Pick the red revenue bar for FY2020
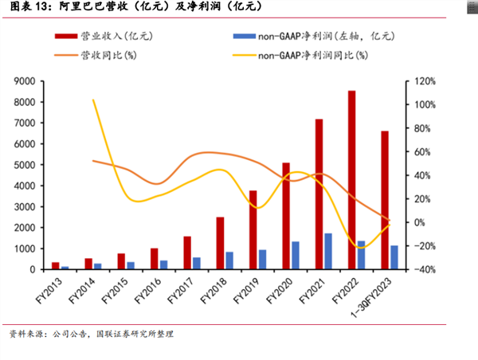pos(286,216)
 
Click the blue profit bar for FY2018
pos(229,260)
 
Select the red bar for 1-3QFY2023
pos(385,200)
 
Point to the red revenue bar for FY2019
pos(253,230)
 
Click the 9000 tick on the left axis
pos(43,81)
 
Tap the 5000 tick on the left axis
pos(43,165)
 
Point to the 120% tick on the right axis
pos(422,81)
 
